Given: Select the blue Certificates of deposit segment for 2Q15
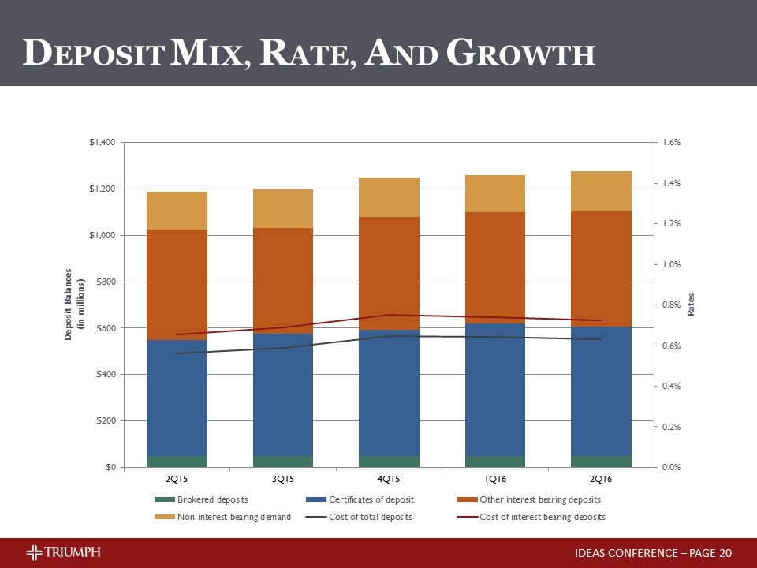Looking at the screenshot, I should click(x=177, y=398).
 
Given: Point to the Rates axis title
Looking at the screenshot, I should click(x=691, y=305).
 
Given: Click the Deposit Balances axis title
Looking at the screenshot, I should click(x=73, y=305).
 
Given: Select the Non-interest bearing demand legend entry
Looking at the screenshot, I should click(x=222, y=517).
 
